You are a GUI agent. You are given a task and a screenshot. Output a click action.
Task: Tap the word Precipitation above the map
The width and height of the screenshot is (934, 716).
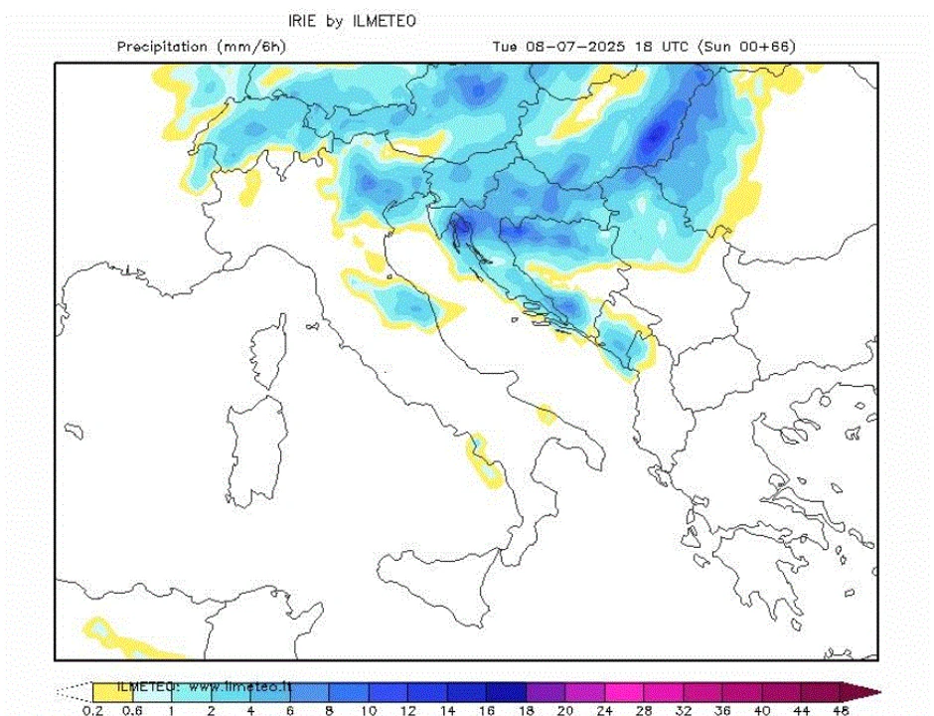[x=162, y=47]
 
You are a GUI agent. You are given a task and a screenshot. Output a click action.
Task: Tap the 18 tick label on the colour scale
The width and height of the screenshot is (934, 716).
[x=525, y=709]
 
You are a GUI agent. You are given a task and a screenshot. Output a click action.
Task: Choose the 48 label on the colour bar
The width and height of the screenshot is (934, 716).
[x=841, y=709]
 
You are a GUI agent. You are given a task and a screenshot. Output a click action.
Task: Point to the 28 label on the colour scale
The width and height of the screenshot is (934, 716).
[x=643, y=709]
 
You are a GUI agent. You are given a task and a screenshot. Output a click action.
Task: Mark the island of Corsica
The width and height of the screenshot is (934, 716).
[x=266, y=356]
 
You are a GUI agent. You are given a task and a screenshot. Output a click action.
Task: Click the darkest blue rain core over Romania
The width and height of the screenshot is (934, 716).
[x=656, y=136]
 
